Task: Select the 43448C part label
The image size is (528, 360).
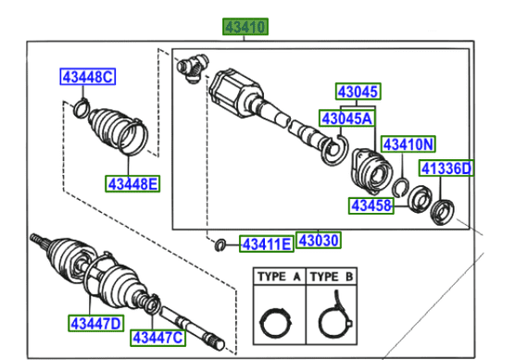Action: pos(87,78)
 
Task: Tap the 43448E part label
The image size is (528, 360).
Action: pos(131,183)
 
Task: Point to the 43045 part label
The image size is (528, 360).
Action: pos(357,93)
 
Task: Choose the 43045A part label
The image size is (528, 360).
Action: pos(347,118)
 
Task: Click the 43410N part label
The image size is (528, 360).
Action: pos(409,145)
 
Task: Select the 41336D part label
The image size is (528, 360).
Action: pos(446,168)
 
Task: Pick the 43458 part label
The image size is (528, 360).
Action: pos(371,205)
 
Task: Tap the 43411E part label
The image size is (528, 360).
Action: pos(267,244)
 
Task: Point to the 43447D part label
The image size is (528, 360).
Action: pos(94,323)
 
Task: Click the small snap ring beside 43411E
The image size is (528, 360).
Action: pos(220,244)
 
